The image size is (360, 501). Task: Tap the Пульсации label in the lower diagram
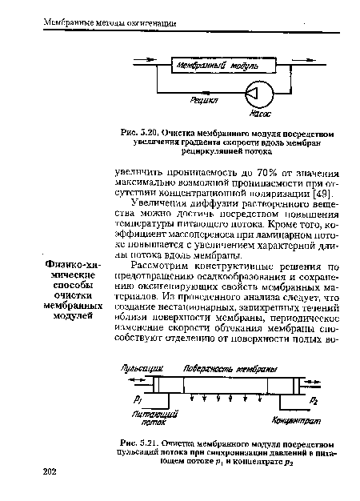[x=138, y=368]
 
